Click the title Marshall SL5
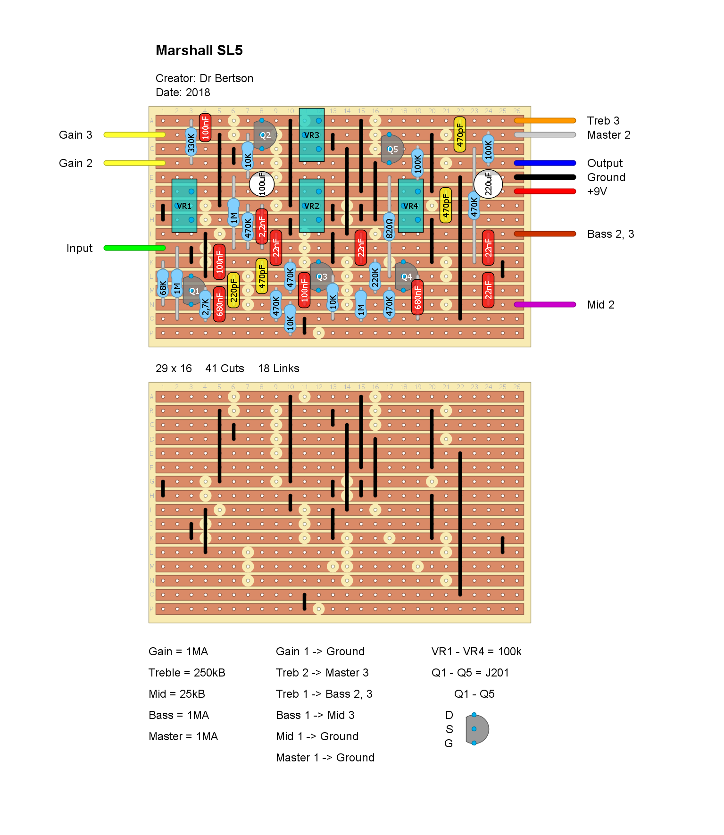pyautogui.click(x=199, y=50)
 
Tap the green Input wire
pyautogui.click(x=134, y=248)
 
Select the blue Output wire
pyautogui.click(x=545, y=163)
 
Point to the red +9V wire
pyautogui.click(x=545, y=192)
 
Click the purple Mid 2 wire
pyautogui.click(x=545, y=305)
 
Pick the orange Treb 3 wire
pyautogui.click(x=545, y=121)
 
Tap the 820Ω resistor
pyautogui.click(x=389, y=228)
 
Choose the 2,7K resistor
pyautogui.click(x=205, y=304)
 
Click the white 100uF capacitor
pyautogui.click(x=262, y=184)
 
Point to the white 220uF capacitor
pyautogui.click(x=488, y=184)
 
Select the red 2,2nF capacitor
pyautogui.click(x=262, y=226)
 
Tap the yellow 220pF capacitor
pyautogui.click(x=233, y=290)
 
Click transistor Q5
pyautogui.click(x=392, y=149)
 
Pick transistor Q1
pyautogui.click(x=194, y=291)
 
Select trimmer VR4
pyautogui.click(x=410, y=206)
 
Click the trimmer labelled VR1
pyautogui.click(x=184, y=206)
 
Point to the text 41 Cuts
pyautogui.click(x=225, y=368)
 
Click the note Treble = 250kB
pyautogui.click(x=187, y=673)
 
